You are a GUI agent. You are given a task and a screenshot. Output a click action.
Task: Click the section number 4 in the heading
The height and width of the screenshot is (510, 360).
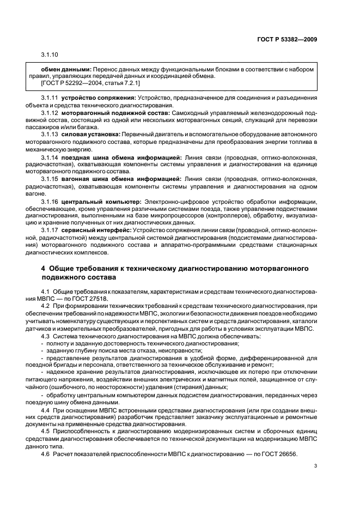point(44,269)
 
